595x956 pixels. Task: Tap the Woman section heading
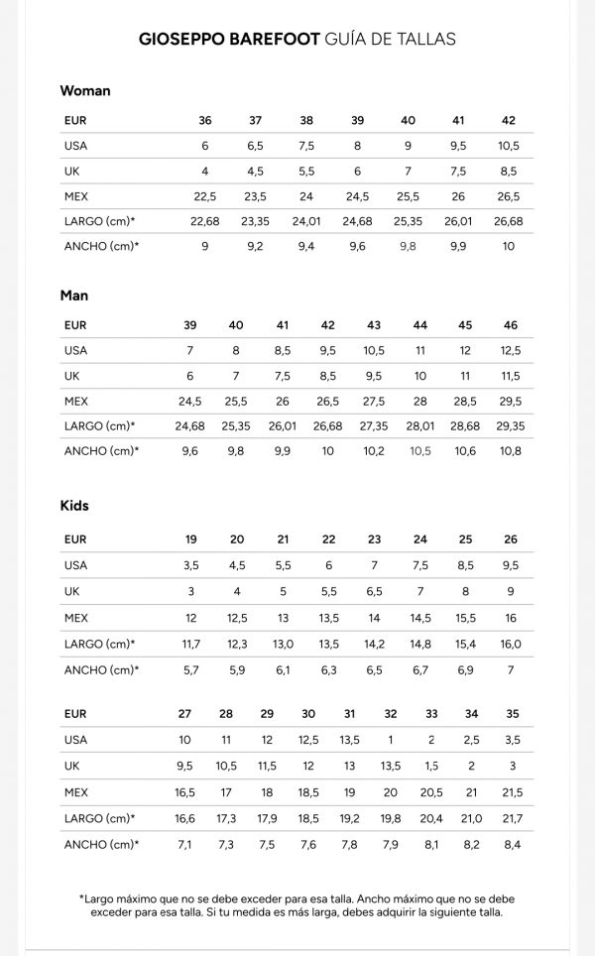click(x=85, y=90)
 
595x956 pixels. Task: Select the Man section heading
click(x=74, y=295)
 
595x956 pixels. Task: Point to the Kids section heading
click(x=74, y=505)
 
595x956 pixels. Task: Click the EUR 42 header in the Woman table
click(x=509, y=120)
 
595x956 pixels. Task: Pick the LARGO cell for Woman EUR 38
click(x=306, y=220)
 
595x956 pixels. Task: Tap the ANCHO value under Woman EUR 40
click(x=408, y=245)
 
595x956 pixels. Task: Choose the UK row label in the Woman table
click(x=71, y=171)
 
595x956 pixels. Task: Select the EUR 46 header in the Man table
click(x=511, y=325)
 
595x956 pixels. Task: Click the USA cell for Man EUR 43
click(x=374, y=350)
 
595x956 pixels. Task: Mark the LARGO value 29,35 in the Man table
click(x=511, y=425)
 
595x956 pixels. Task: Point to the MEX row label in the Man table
click(x=76, y=401)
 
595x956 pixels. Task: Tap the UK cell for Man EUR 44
click(x=420, y=376)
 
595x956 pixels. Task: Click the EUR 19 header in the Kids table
click(x=191, y=539)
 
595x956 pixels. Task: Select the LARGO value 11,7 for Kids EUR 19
click(x=191, y=644)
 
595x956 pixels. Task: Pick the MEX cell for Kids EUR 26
click(x=511, y=618)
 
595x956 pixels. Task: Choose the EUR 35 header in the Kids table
click(x=513, y=714)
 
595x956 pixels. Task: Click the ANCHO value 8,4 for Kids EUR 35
click(x=513, y=844)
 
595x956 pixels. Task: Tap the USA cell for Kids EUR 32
click(x=391, y=739)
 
